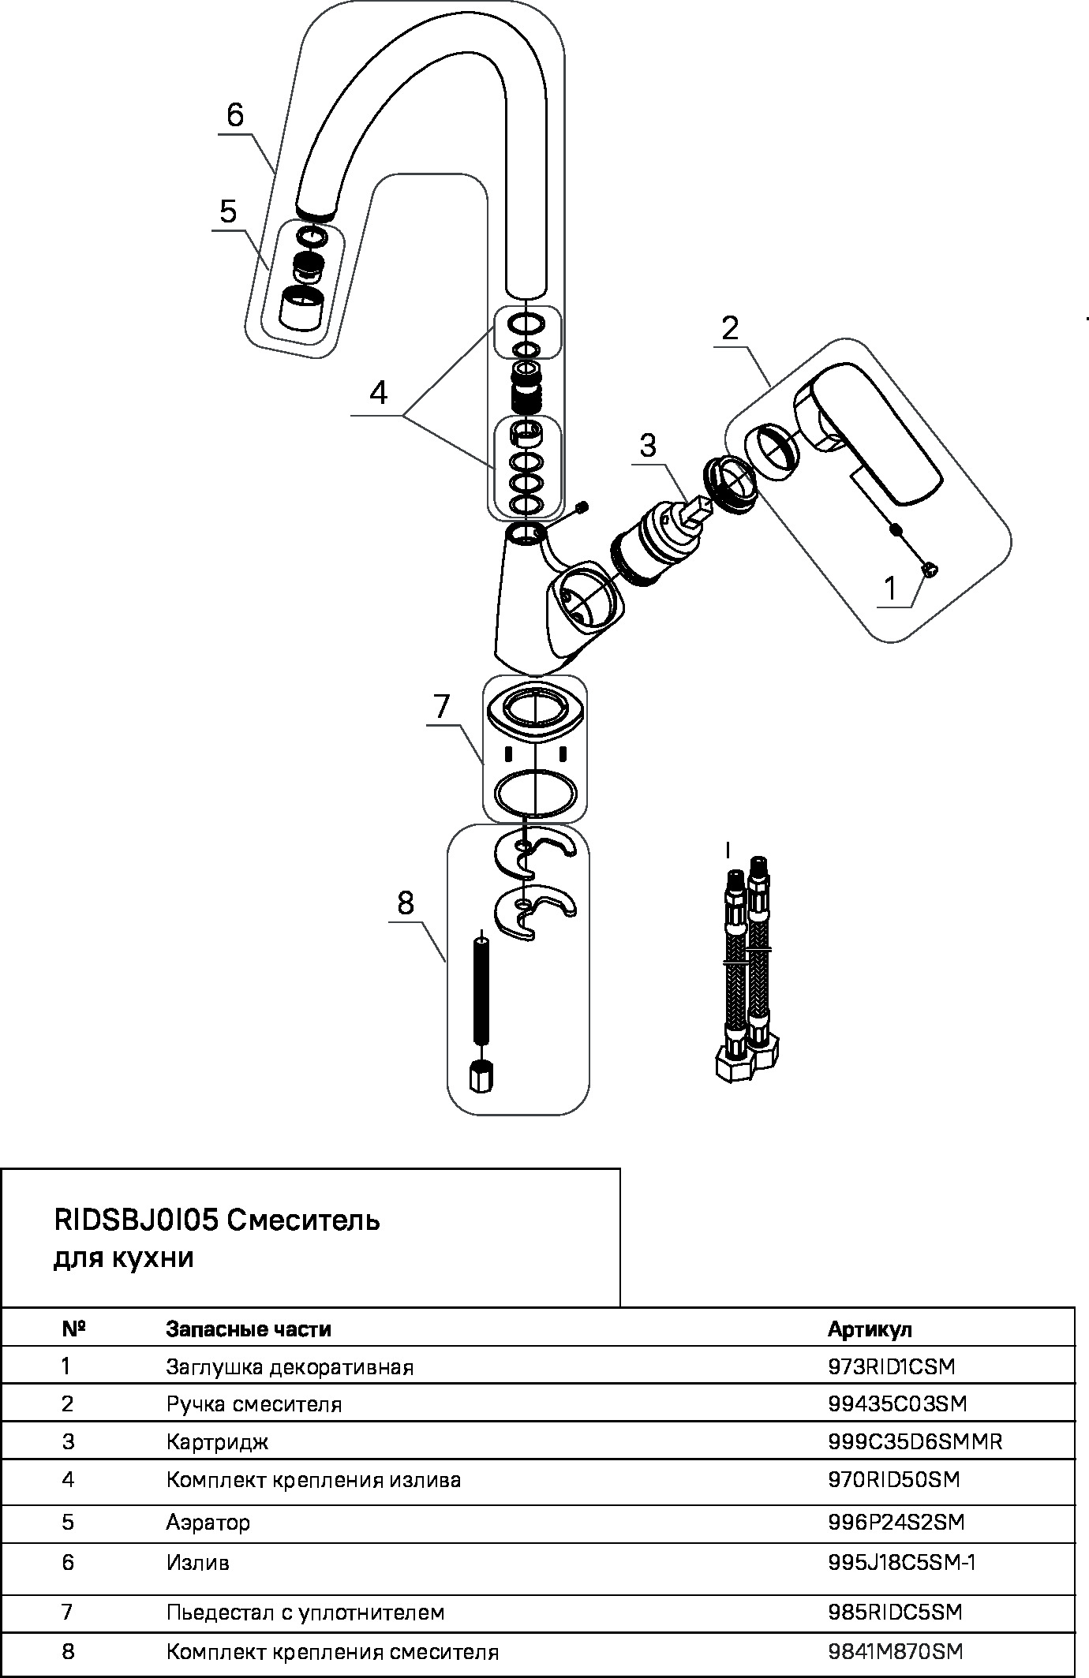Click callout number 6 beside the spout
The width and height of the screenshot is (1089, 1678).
click(235, 115)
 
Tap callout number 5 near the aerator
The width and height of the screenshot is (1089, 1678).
click(228, 211)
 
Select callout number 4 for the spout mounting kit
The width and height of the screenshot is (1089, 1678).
click(380, 392)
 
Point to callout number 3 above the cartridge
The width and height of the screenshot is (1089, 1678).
click(647, 446)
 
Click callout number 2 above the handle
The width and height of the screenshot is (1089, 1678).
click(730, 327)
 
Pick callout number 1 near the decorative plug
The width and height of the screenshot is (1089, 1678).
click(890, 588)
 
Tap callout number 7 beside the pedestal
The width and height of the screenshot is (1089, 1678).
click(441, 706)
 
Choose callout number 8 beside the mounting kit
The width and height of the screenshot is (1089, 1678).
click(406, 903)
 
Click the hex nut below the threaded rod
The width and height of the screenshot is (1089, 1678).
click(480, 1076)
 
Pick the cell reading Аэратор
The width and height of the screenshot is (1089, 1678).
click(208, 1522)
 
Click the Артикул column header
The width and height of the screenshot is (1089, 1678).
click(870, 1329)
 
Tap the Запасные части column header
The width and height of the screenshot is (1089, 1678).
click(249, 1329)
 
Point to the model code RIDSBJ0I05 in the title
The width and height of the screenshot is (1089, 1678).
click(136, 1220)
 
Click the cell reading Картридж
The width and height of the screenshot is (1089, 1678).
click(217, 1442)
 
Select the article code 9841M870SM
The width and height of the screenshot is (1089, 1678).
click(896, 1651)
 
